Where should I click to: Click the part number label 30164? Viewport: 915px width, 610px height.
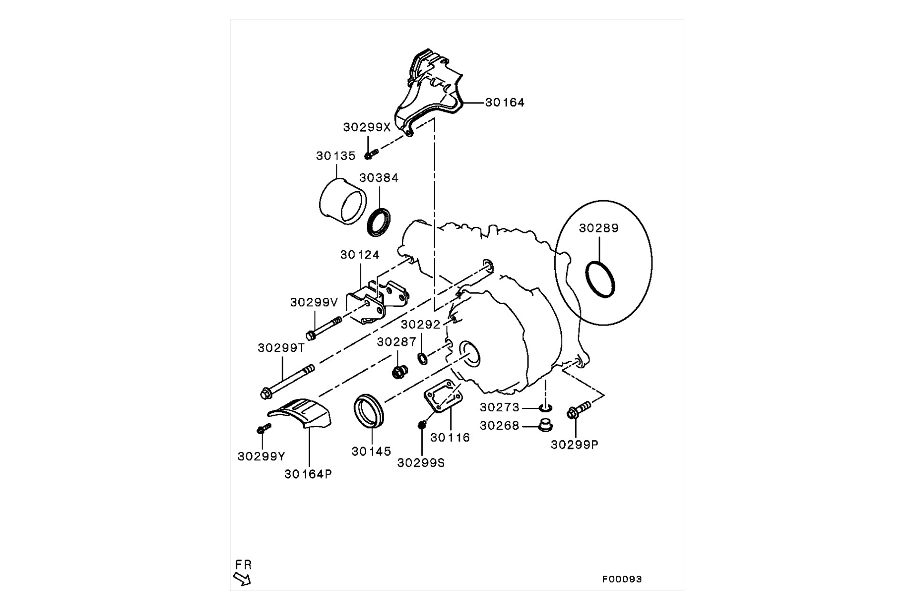click(x=504, y=102)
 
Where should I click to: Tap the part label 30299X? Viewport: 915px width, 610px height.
click(x=366, y=127)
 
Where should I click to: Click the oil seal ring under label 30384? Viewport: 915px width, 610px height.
click(x=379, y=222)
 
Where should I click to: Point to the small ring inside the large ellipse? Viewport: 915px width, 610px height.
click(x=600, y=279)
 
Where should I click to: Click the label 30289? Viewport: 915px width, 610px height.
click(x=599, y=228)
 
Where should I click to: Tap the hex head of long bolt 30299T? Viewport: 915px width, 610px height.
click(x=265, y=394)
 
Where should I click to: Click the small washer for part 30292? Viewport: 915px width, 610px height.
click(x=423, y=358)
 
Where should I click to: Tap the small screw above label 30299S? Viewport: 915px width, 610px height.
click(x=421, y=425)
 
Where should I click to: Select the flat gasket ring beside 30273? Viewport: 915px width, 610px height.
click(x=546, y=407)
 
